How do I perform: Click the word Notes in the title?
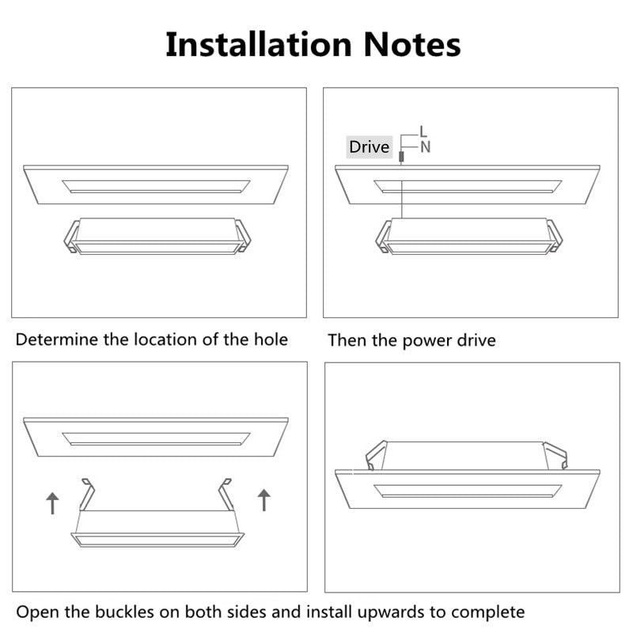(x=411, y=44)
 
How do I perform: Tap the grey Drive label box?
(x=370, y=147)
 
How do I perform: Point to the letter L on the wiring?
(x=423, y=131)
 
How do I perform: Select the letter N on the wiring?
(x=426, y=146)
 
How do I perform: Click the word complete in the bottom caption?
(x=491, y=612)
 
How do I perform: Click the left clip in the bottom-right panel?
(x=374, y=454)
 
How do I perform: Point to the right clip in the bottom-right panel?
(x=556, y=454)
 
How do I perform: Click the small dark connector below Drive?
(x=401, y=158)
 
